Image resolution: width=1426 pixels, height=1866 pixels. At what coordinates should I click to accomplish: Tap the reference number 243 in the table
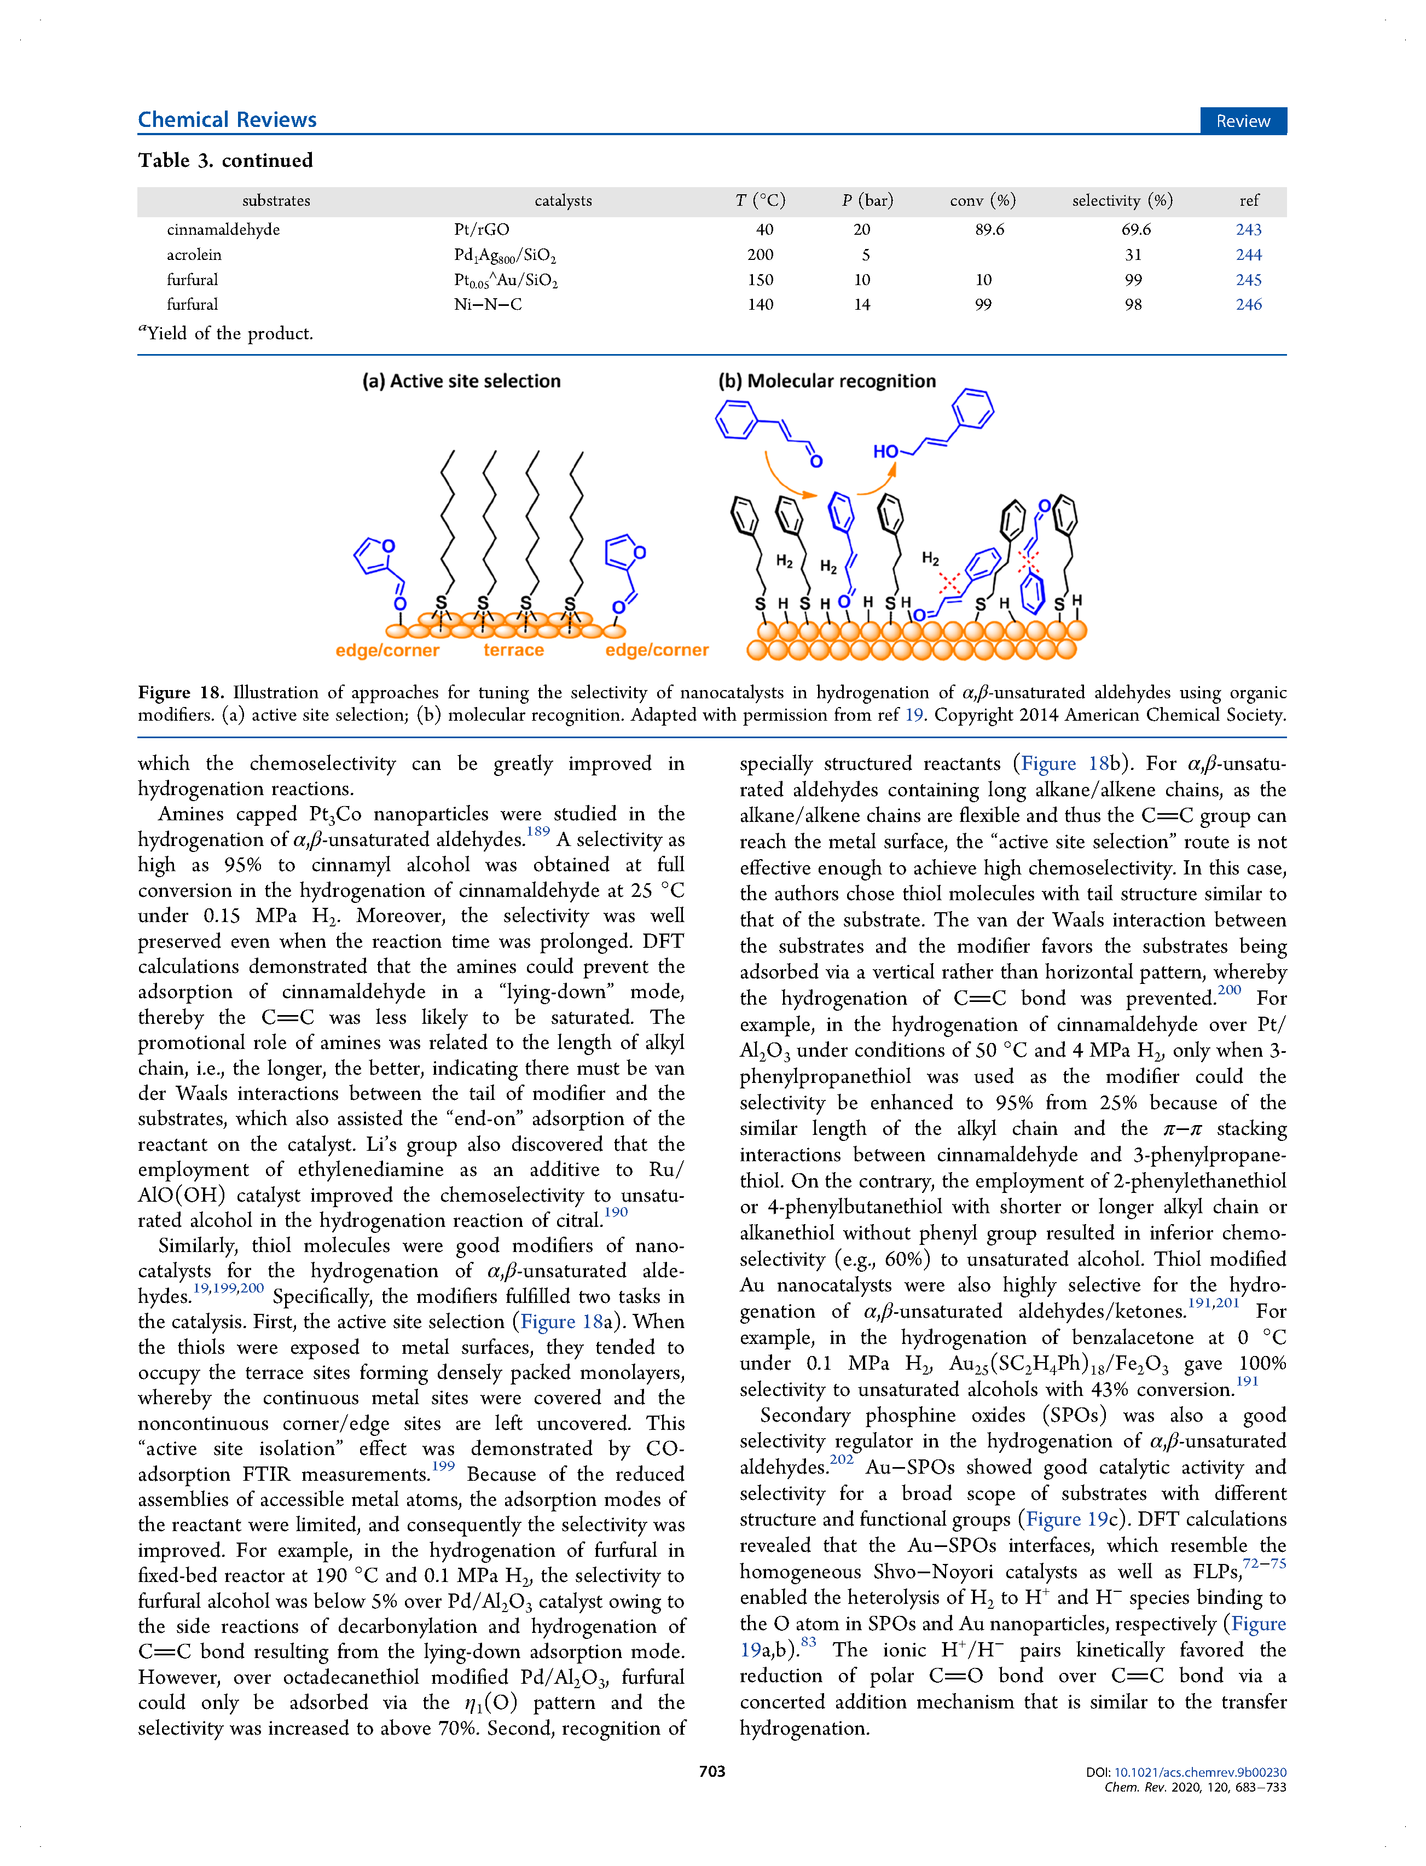(x=1248, y=229)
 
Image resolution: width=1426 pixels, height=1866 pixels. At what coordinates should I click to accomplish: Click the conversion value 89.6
(x=989, y=229)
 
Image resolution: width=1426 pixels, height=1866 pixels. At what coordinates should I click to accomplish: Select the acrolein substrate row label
(x=194, y=254)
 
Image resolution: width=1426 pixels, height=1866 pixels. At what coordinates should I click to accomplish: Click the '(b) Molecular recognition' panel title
(x=827, y=381)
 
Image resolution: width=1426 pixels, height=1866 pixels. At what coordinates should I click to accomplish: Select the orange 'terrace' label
(x=513, y=650)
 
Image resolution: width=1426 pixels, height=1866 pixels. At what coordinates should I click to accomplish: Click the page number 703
(x=711, y=1771)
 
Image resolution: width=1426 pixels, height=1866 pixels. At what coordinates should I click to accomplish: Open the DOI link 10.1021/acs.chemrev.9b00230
(x=1199, y=1772)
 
